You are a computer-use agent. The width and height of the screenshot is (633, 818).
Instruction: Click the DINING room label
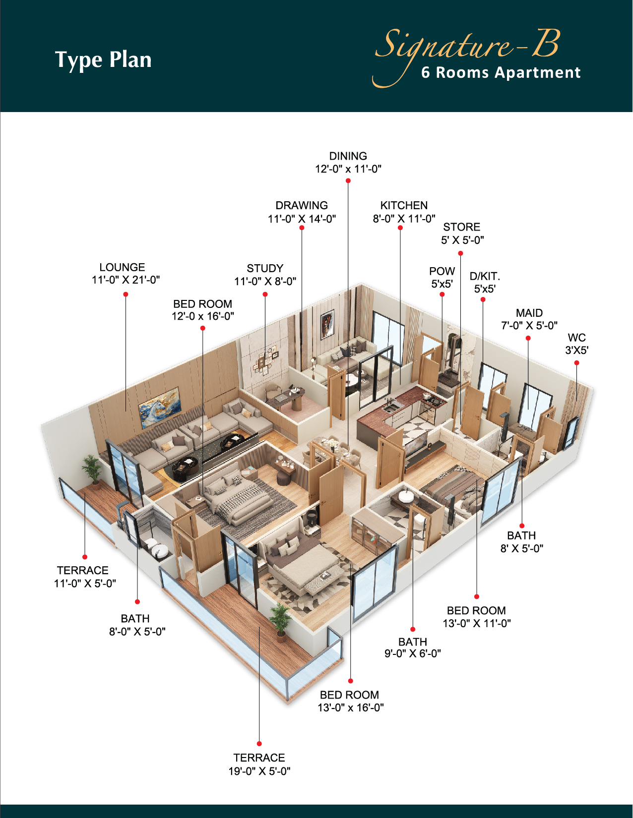(348, 156)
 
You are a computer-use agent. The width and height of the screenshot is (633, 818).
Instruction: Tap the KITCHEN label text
(404, 206)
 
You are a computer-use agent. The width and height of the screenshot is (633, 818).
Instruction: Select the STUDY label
(265, 268)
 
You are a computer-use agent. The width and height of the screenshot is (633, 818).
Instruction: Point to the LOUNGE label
(122, 267)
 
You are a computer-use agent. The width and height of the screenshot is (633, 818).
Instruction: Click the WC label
(576, 338)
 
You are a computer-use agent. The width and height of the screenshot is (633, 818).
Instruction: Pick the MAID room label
(529, 313)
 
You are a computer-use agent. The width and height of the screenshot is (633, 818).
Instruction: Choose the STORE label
(462, 227)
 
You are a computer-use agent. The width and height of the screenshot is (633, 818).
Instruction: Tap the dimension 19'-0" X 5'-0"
(259, 771)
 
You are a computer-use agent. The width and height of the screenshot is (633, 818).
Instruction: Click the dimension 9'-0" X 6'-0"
(413, 653)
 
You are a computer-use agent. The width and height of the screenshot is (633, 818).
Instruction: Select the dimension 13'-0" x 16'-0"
(351, 708)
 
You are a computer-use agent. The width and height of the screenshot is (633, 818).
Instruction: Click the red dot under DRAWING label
(302, 228)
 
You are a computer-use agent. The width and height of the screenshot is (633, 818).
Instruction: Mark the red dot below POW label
(442, 294)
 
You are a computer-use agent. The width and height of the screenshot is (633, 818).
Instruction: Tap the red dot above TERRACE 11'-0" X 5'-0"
(85, 557)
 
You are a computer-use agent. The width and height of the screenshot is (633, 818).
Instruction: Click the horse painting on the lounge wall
(160, 408)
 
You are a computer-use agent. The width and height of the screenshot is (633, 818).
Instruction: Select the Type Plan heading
(103, 60)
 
